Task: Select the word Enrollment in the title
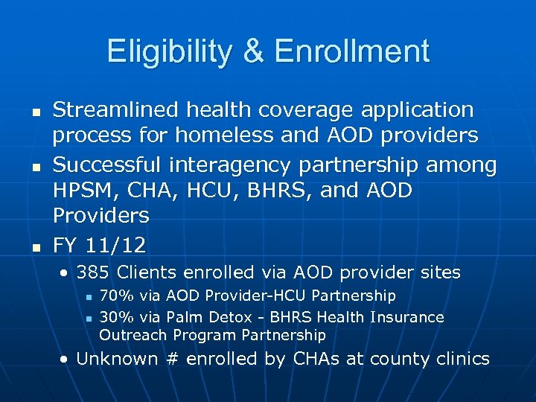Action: (352, 52)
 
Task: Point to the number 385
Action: (92, 273)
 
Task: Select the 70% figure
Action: (113, 296)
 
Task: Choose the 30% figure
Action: (113, 317)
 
